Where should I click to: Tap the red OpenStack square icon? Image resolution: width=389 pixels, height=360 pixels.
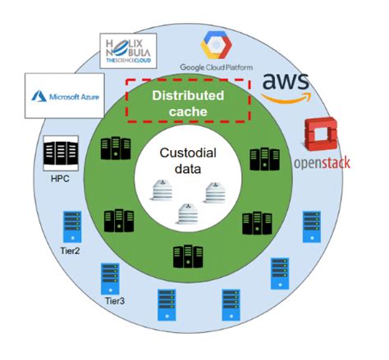coord(321,136)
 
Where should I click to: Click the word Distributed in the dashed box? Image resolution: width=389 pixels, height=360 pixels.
coord(187,95)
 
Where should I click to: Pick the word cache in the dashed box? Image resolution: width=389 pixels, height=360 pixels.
coord(187,111)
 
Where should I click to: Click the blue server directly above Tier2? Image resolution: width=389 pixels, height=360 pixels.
coord(71,226)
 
